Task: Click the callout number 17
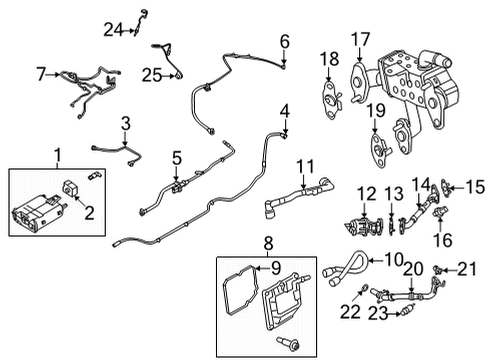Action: [360, 40]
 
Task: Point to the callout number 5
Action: [176, 157]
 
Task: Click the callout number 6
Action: [284, 41]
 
